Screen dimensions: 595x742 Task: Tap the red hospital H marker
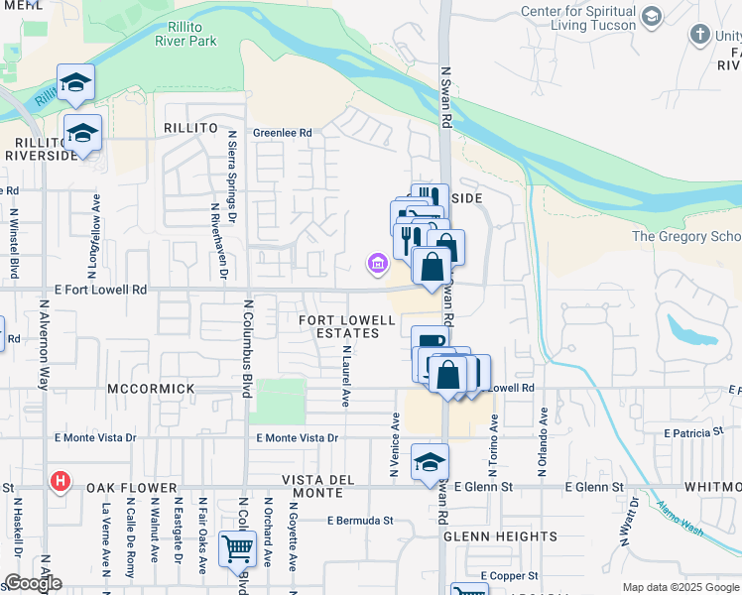[x=61, y=483]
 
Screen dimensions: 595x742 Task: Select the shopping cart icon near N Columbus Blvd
[x=235, y=549]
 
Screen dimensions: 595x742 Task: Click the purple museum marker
[x=377, y=264]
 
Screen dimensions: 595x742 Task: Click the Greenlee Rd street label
[x=282, y=133]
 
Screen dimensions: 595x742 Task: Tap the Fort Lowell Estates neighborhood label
[x=339, y=326]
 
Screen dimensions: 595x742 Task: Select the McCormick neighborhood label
[x=151, y=389]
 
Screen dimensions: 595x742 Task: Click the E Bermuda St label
[x=360, y=520]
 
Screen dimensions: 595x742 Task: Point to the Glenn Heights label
[x=500, y=536]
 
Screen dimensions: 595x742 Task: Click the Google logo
[x=33, y=583]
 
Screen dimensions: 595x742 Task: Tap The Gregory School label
[x=686, y=236]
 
